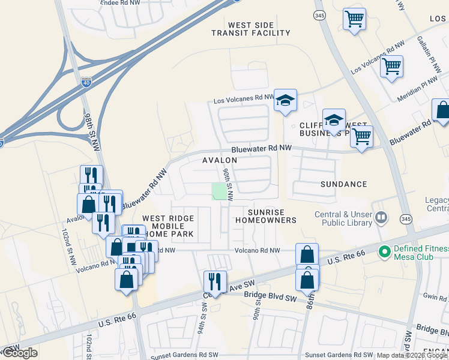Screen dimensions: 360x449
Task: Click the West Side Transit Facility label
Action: pos(250,29)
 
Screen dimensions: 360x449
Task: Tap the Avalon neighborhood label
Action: pos(220,161)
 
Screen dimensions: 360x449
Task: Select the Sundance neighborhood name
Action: pos(343,184)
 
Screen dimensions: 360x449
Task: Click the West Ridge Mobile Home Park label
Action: pos(168,226)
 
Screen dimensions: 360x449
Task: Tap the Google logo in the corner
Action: pos(20,353)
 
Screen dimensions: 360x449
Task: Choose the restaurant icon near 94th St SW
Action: pos(214,281)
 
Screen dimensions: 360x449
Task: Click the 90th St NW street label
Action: pos(228,183)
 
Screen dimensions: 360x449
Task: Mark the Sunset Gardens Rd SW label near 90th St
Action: pos(339,355)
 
